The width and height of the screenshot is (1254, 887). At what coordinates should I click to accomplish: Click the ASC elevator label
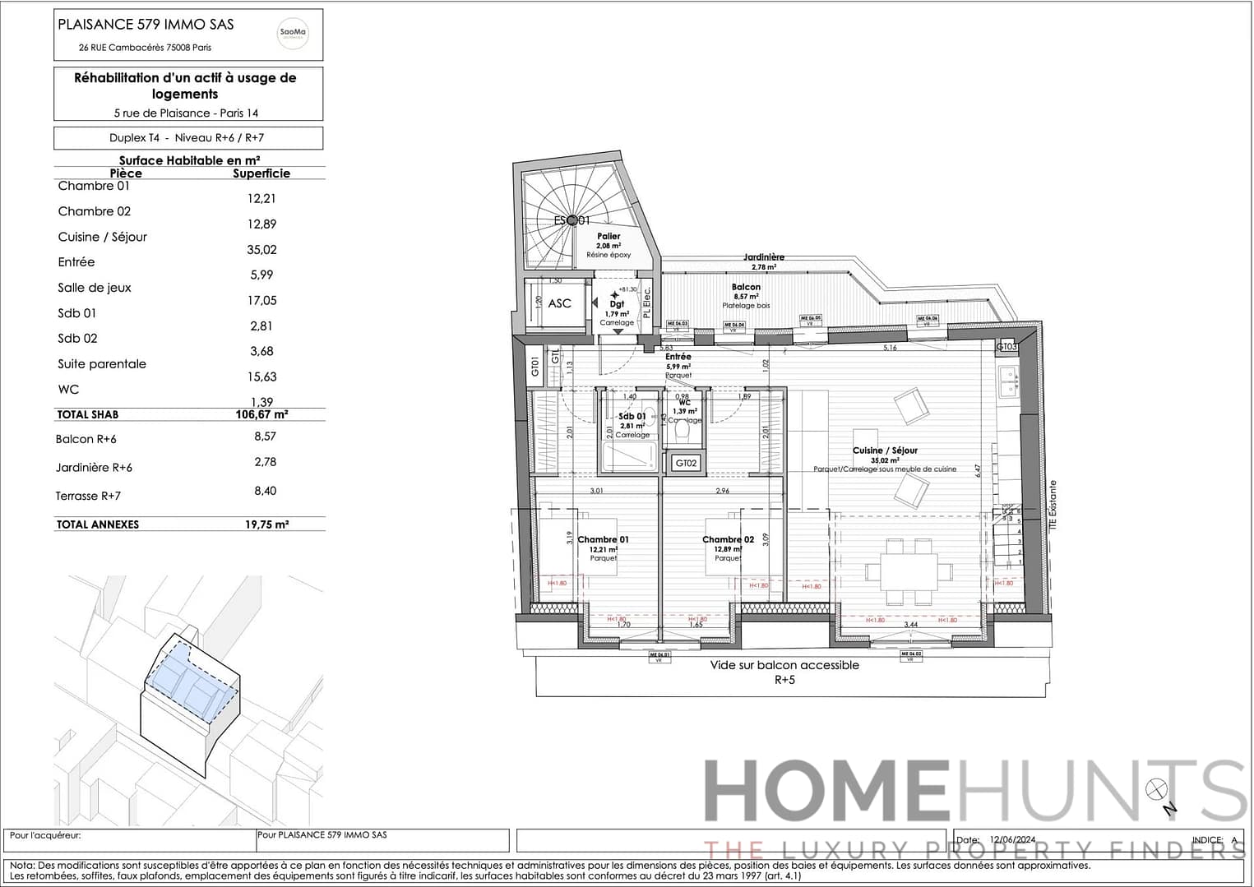pyautogui.click(x=559, y=303)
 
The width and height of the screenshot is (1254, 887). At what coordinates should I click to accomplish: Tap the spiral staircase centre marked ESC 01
pyautogui.click(x=571, y=220)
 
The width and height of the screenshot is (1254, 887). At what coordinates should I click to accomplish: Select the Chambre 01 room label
pyautogui.click(x=603, y=540)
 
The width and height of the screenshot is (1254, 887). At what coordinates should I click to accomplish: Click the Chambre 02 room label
pyautogui.click(x=728, y=540)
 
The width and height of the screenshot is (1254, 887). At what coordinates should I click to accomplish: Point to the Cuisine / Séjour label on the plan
pyautogui.click(x=885, y=450)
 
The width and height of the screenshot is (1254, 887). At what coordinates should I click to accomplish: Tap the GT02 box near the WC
pyautogui.click(x=686, y=464)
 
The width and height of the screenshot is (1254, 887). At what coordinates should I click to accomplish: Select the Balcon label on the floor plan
pyautogui.click(x=746, y=287)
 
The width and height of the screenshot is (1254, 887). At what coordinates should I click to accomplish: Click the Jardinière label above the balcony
pyautogui.click(x=764, y=257)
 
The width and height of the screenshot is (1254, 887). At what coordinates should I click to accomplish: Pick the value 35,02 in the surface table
pyautogui.click(x=261, y=250)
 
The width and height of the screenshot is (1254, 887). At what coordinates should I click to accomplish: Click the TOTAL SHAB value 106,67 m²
pyautogui.click(x=261, y=415)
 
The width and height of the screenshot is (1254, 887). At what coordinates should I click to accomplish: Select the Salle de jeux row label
pyautogui.click(x=95, y=288)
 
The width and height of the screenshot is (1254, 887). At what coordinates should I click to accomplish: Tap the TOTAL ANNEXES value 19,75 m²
pyautogui.click(x=266, y=524)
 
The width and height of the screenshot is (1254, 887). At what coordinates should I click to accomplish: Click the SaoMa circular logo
pyautogui.click(x=293, y=34)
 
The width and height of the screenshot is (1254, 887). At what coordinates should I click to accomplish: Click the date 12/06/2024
pyautogui.click(x=1012, y=840)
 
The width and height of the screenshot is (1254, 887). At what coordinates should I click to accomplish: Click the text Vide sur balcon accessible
pyautogui.click(x=784, y=665)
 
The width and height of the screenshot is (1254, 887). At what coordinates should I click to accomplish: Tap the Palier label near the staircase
pyautogui.click(x=608, y=236)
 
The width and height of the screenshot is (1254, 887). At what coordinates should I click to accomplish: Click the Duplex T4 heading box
pyautogui.click(x=187, y=138)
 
